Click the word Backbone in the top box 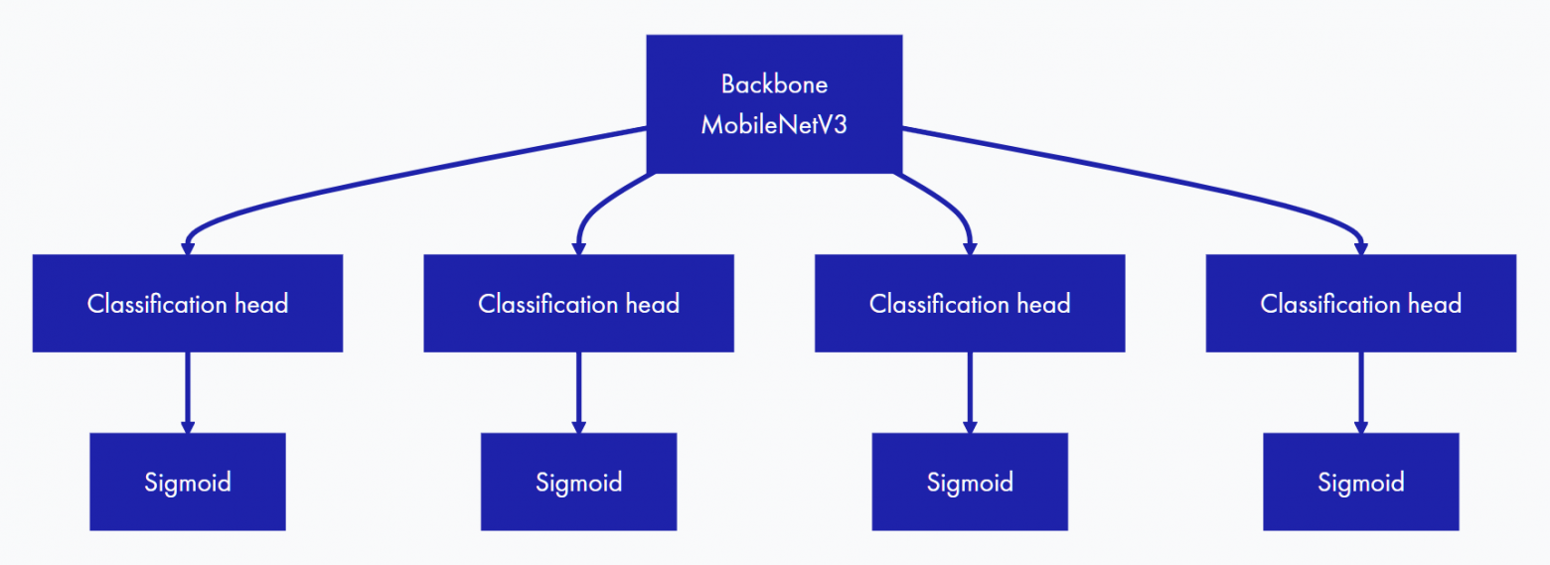click(x=774, y=84)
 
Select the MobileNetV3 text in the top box click(x=774, y=126)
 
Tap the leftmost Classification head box click(x=188, y=303)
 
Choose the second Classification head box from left click(x=578, y=303)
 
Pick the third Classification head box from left click(x=970, y=303)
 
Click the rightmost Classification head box click(x=1361, y=303)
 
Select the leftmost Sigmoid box click(x=188, y=482)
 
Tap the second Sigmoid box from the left click(x=578, y=482)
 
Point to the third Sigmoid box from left click(x=970, y=482)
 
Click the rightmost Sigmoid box click(x=1361, y=482)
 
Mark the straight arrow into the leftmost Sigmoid click(x=188, y=391)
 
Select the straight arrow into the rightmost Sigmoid click(x=1361, y=391)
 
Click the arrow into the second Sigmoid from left click(x=578, y=391)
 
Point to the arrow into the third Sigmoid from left click(x=970, y=391)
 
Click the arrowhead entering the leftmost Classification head click(x=188, y=247)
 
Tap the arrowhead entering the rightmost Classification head click(x=1361, y=247)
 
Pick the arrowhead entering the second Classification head click(x=578, y=247)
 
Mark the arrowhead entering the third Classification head click(x=970, y=247)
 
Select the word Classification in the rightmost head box click(x=1325, y=303)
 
